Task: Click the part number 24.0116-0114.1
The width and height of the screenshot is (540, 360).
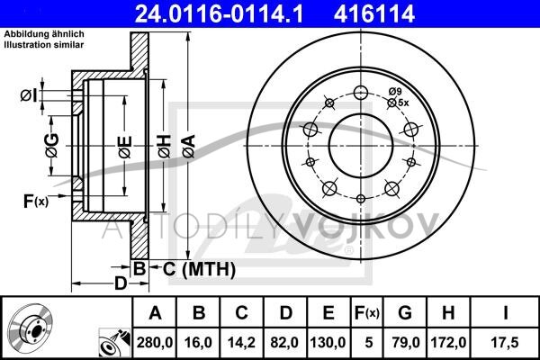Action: [x=219, y=13]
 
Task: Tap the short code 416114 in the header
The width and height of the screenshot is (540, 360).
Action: [x=374, y=13]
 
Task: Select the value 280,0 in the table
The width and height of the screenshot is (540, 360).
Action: [x=155, y=343]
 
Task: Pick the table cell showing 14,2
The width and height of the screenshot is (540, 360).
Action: [x=241, y=343]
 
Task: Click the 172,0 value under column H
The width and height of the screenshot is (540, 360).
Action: [x=448, y=343]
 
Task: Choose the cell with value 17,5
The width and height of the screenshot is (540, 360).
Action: [x=505, y=343]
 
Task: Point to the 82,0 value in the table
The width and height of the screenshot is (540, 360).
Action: [x=284, y=343]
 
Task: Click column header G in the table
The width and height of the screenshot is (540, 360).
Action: [x=405, y=313]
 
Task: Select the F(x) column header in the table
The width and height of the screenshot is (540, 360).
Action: [x=367, y=313]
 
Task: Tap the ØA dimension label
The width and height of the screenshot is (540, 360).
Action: [x=189, y=146]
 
